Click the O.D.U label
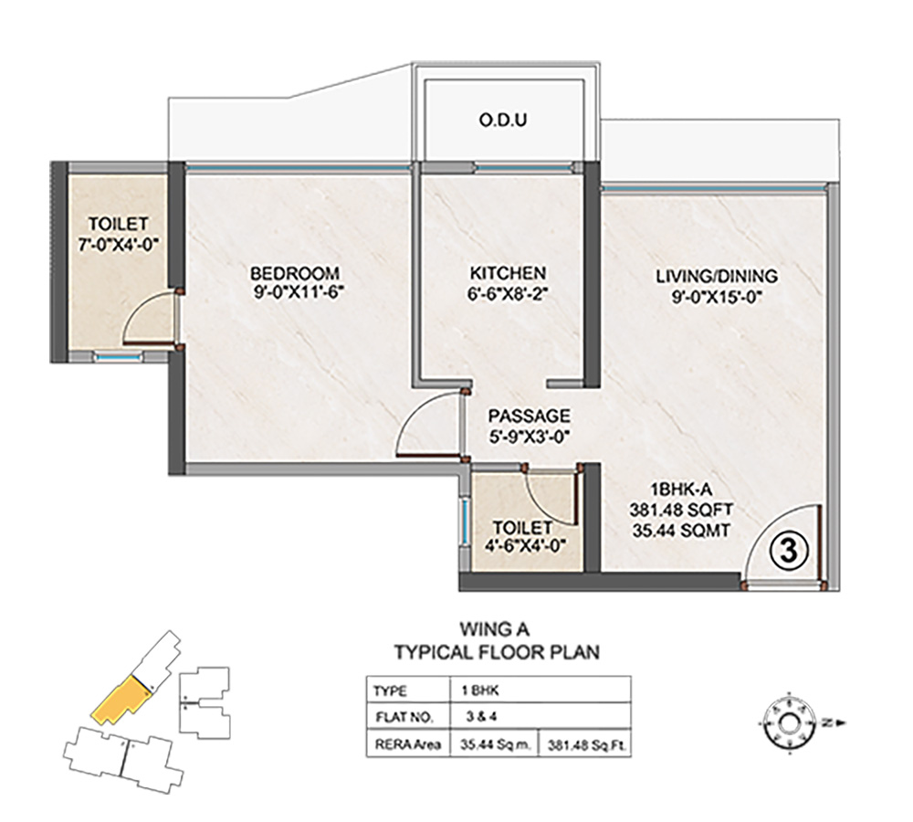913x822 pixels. [503, 120]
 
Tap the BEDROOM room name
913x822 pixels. [295, 273]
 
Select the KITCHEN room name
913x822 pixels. [509, 273]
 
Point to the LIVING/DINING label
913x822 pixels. [717, 276]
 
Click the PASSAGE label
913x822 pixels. [530, 416]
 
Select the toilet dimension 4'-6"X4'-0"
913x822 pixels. [523, 547]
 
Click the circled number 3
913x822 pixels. [788, 551]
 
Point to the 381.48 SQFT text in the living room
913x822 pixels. [681, 510]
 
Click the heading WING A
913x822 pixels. [494, 630]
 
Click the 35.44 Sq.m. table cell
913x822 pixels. [496, 744]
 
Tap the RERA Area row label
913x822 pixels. [407, 744]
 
